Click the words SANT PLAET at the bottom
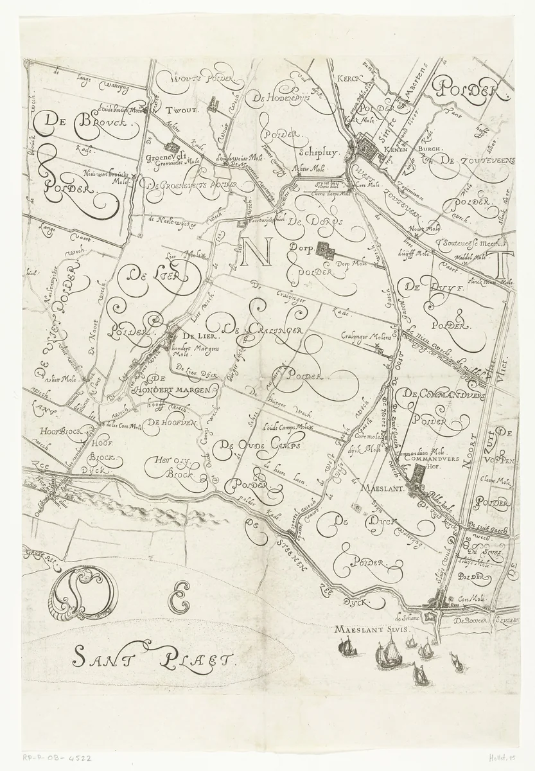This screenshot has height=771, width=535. pyautogui.click(x=155, y=657)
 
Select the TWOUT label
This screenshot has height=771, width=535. pyautogui.click(x=186, y=109)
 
